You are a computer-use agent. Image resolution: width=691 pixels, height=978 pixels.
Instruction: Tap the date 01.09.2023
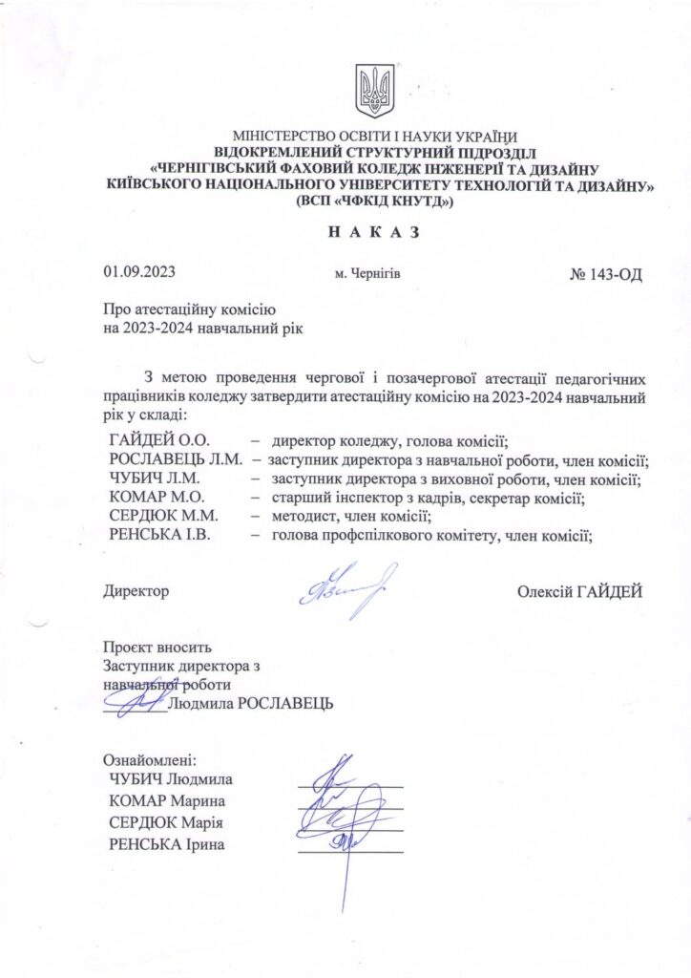click(138, 275)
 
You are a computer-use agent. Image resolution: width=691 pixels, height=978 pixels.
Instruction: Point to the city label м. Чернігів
click(367, 275)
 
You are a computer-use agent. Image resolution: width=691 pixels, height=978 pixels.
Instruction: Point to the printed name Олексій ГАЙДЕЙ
click(579, 592)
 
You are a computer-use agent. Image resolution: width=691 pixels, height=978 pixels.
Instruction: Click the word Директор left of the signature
click(136, 592)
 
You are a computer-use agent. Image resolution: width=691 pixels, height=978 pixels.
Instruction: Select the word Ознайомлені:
click(148, 761)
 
